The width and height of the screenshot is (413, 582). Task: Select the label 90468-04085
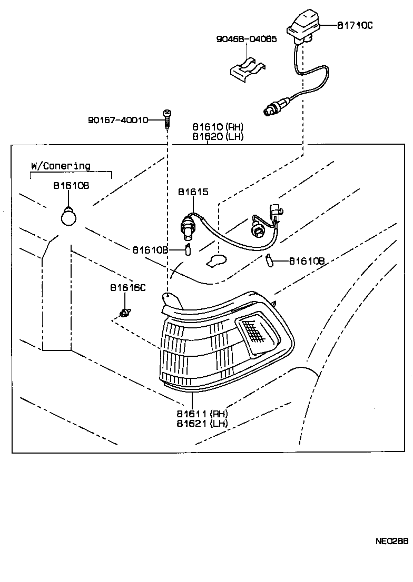click(246, 39)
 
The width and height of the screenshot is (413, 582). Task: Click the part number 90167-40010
click(118, 121)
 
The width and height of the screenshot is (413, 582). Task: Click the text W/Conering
click(61, 166)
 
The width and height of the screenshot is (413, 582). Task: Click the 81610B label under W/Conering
click(71, 186)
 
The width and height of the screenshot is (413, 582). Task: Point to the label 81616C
click(127, 288)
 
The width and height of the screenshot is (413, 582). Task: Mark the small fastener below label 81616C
click(125, 314)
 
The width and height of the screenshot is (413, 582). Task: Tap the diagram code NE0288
click(392, 540)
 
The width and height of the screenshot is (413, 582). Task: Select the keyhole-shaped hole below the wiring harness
click(216, 260)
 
